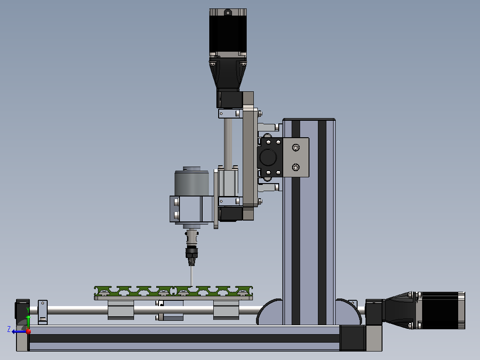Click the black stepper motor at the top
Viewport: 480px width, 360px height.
tap(228, 32)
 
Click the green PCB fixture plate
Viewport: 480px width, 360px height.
tap(173, 291)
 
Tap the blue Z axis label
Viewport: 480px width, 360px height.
tap(9, 329)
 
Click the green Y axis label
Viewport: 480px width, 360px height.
tap(28, 310)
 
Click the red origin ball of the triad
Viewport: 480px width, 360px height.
tap(28, 331)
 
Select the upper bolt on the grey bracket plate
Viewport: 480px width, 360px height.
tap(296, 147)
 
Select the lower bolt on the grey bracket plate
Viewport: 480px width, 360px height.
tap(296, 167)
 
